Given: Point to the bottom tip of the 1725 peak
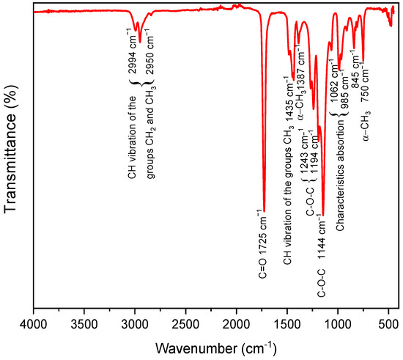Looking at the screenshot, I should pos(264,210).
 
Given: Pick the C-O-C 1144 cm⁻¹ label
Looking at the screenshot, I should pos(322,254).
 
